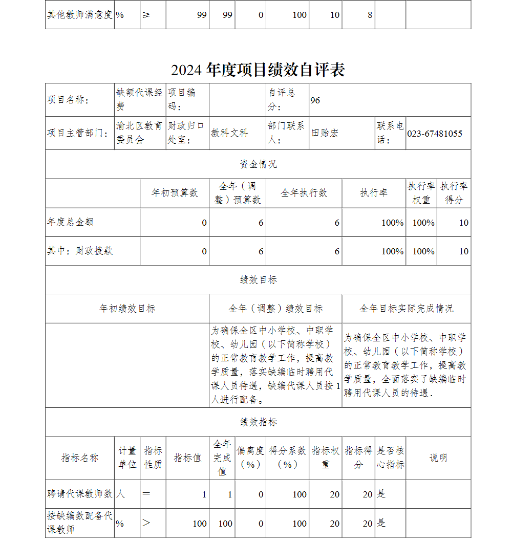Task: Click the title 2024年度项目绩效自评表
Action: tap(258, 70)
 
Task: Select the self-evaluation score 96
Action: tap(315, 100)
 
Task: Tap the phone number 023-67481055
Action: tap(435, 134)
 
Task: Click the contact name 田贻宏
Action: tap(325, 134)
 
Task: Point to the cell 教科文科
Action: tap(230, 134)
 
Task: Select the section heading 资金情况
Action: tap(258, 164)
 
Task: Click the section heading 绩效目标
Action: tap(258, 280)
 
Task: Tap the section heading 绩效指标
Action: tap(258, 422)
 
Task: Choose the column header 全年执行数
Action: tap(304, 193)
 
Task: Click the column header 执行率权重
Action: tap(421, 193)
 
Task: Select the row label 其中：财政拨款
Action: tap(80, 251)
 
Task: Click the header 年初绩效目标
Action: tap(127, 309)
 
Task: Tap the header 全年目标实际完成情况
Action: tap(406, 309)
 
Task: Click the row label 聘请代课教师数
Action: tap(80, 494)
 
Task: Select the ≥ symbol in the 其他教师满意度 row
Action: tap(146, 15)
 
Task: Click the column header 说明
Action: tap(438, 458)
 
